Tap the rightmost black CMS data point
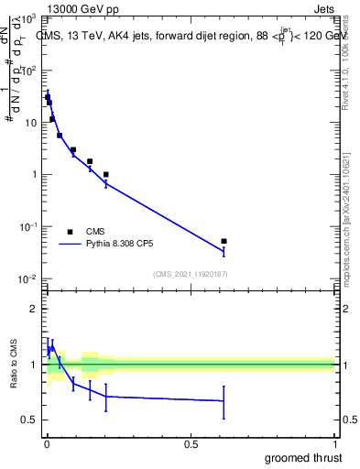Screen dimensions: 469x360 (x=224, y=241)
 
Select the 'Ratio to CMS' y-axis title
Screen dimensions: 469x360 (x=14, y=365)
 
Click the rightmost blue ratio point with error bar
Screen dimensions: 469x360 (x=224, y=400)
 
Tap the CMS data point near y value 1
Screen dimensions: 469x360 (x=106, y=174)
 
